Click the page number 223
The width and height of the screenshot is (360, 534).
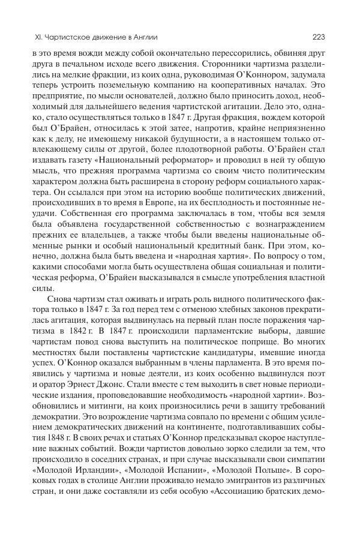(319, 37)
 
